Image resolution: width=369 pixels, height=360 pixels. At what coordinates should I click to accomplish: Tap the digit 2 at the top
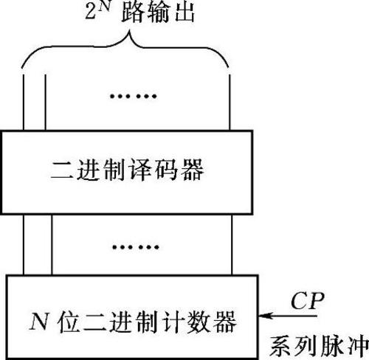pos(90,13)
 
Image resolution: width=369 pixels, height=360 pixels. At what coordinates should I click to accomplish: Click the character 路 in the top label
pos(132,13)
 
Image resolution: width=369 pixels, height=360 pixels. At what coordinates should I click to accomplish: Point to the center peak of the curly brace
pos(129,33)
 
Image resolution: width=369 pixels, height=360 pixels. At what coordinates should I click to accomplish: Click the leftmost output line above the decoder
pos(24,102)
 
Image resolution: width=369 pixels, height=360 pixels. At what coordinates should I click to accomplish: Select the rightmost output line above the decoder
pos(230,102)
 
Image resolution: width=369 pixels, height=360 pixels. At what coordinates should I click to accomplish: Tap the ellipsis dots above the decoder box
pos(133,96)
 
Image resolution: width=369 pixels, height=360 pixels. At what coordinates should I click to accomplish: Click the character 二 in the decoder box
pos(61,170)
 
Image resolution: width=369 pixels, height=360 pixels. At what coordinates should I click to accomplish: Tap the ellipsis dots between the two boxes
pos(136,246)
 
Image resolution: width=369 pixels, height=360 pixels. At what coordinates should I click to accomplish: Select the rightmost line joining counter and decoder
pos(232,245)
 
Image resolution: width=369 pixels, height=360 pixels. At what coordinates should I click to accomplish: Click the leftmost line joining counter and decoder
pos(24,245)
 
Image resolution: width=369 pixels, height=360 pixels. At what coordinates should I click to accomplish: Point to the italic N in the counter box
pos(38,322)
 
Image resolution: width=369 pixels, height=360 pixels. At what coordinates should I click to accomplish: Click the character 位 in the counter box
pos(69,322)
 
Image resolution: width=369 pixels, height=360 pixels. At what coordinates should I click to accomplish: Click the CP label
pos(307,301)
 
